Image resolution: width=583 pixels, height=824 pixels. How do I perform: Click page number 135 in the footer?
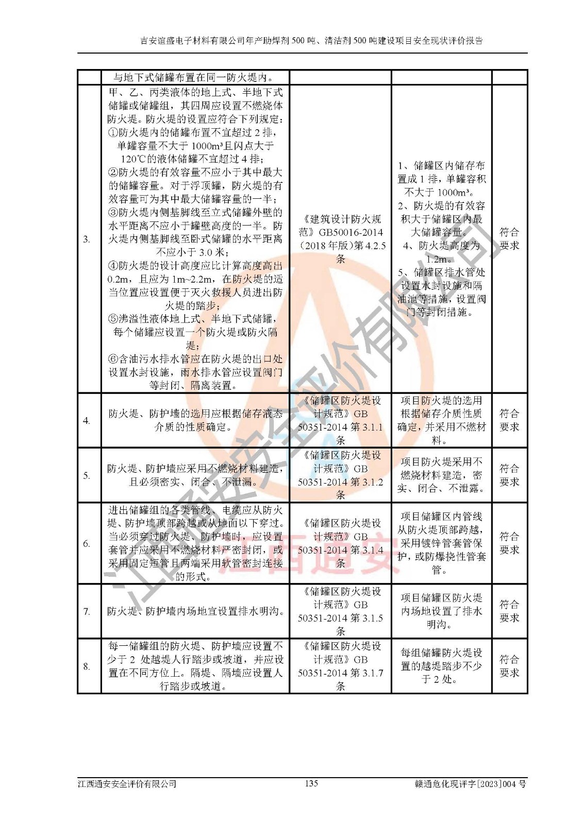click(x=311, y=783)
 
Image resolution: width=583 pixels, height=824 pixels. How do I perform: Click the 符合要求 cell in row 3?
click(x=509, y=239)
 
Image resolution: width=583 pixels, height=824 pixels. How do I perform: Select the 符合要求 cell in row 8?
click(x=509, y=666)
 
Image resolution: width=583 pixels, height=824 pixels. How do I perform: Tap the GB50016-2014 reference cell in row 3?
click(x=340, y=239)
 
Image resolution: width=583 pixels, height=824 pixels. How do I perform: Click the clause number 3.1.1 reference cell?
click(x=340, y=420)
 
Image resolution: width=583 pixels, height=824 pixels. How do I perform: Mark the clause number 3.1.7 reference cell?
click(x=340, y=666)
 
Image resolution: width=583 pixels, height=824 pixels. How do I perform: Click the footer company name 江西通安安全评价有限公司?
click(x=127, y=784)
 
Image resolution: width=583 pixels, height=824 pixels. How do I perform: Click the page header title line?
click(x=311, y=41)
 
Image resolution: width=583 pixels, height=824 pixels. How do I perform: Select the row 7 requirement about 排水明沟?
click(x=195, y=611)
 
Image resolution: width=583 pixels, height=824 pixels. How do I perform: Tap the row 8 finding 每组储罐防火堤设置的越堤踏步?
click(x=442, y=666)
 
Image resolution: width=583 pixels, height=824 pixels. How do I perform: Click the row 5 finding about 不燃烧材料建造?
click(x=442, y=475)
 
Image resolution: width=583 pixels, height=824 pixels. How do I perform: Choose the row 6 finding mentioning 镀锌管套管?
click(x=442, y=543)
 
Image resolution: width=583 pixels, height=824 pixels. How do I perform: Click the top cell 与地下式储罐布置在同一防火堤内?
click(x=195, y=78)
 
